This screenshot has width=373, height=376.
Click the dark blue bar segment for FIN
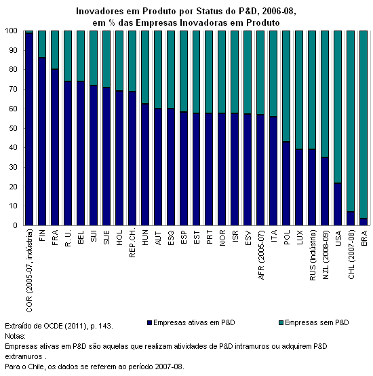click(42, 141)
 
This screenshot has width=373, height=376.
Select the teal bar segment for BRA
click(364, 124)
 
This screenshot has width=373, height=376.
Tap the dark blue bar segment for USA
click(338, 204)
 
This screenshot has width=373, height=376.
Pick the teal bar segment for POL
click(286, 86)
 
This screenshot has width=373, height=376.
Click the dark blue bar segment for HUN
click(145, 164)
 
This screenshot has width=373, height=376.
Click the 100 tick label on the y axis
click(12, 31)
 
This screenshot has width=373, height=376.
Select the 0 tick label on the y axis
click(16, 225)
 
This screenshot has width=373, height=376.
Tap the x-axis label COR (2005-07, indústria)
click(29, 271)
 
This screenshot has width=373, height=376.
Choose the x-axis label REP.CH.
click(132, 243)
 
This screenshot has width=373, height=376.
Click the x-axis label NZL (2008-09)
click(326, 255)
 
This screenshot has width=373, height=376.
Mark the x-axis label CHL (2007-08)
click(351, 255)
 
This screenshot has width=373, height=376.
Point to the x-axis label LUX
click(300, 238)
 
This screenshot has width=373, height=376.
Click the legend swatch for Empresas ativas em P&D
click(150, 323)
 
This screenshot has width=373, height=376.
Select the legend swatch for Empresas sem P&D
click(281, 323)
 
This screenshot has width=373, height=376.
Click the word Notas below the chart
click(15, 336)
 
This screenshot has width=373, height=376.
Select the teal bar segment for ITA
click(273, 73)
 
